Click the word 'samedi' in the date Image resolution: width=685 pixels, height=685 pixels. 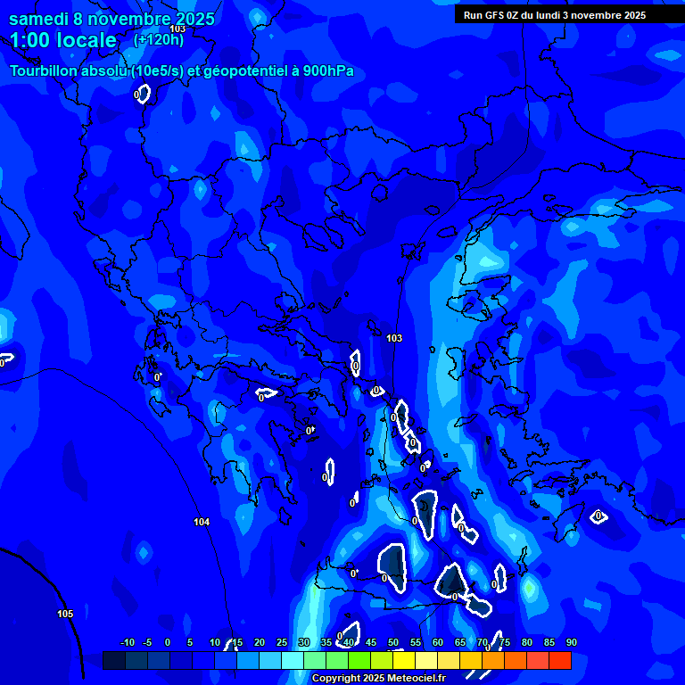point(39,19)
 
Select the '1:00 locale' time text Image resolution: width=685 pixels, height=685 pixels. point(62,40)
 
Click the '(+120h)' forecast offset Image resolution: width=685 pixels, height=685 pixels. point(158,39)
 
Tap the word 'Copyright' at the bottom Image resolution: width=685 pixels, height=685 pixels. point(334,678)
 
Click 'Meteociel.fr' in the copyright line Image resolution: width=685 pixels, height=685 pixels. point(414,678)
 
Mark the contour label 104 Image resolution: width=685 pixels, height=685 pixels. point(202,522)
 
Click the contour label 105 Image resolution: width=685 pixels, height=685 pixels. point(65,614)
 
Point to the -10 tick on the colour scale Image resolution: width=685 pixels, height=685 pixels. point(127,642)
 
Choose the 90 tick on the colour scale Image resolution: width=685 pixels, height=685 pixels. point(571,642)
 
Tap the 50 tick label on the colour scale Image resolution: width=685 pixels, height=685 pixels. point(393,642)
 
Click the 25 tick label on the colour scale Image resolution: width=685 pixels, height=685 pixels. point(282,642)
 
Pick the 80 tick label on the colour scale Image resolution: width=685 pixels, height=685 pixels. point(527,642)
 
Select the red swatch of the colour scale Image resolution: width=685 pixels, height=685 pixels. point(560,661)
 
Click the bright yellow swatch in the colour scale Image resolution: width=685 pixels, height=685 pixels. point(404,661)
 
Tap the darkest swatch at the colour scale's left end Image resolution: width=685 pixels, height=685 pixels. point(114,661)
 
